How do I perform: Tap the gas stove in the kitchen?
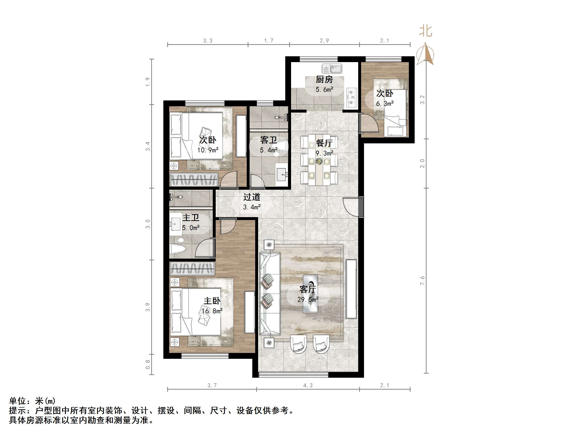tap(352, 98)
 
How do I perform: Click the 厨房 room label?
tap(324, 79)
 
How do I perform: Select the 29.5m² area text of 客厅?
tap(308, 299)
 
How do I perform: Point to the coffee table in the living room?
tap(310, 294)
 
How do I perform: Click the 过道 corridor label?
tap(252, 197)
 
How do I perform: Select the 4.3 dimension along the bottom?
tap(308, 385)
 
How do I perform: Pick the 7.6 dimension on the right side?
tap(422, 281)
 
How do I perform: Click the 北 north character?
tap(426, 31)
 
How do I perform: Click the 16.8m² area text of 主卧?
tap(212, 311)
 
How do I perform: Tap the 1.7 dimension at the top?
tap(269, 41)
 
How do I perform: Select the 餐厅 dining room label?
tap(324, 143)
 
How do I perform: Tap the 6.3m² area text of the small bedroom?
tap(385, 104)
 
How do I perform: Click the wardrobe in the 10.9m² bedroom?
tap(194, 180)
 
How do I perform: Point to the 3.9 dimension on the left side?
tap(148, 307)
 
